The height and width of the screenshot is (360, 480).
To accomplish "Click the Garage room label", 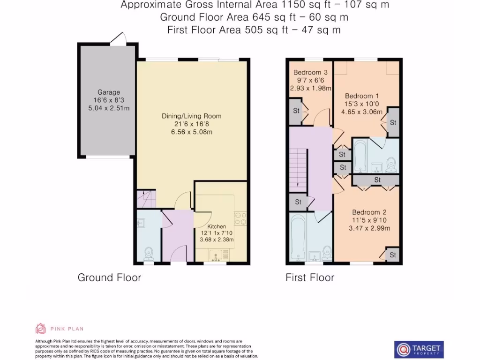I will pos(109,92).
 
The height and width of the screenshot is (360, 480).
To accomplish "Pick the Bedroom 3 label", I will pos(310,73).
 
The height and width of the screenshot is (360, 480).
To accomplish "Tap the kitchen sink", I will pos(217,255).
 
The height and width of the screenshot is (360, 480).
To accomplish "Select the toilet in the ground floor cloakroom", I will pos(149,253).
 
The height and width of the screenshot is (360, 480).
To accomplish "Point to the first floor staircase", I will pos(297,169).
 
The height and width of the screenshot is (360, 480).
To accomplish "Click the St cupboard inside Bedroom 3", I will pos(296,112).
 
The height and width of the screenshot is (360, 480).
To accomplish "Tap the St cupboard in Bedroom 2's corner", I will pos(392,255).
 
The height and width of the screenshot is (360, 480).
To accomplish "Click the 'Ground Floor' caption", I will pos(109,277).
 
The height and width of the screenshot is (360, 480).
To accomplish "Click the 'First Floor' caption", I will pos(310,277).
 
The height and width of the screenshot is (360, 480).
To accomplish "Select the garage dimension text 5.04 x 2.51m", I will pos(109,108).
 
